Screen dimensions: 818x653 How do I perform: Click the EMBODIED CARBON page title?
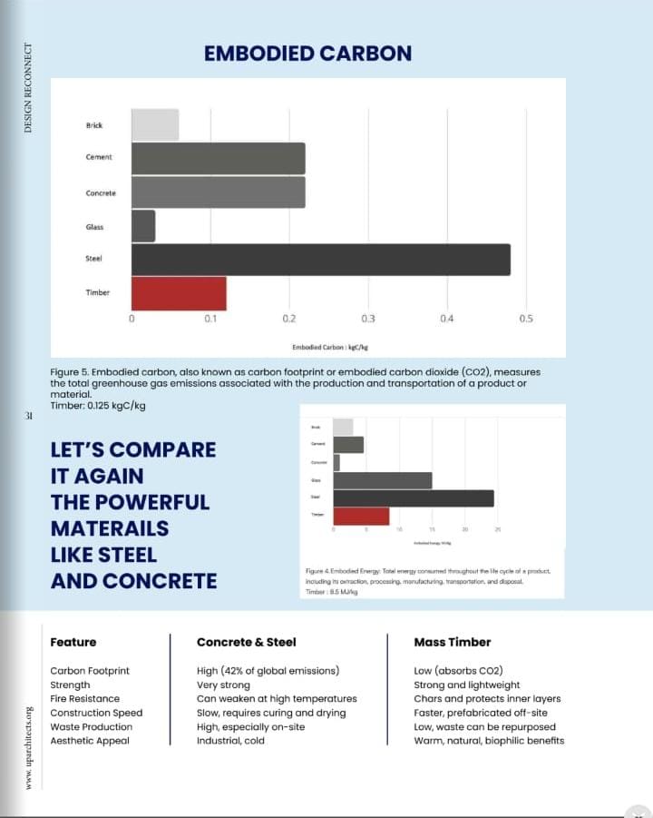pos(307,53)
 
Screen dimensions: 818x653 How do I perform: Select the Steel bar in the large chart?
pos(320,260)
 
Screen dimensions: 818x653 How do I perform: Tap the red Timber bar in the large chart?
pos(179,293)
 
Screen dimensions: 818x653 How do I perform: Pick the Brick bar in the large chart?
pos(155,124)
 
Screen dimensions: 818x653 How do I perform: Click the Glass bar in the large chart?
pos(143,226)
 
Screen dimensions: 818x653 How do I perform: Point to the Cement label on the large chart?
pos(99,157)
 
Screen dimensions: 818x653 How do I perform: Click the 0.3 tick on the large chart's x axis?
pos(368,320)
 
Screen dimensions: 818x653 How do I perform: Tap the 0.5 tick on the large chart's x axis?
pos(526,320)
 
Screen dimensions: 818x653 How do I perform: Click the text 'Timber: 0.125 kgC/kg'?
pos(98,406)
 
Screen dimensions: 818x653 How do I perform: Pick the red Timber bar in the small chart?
pos(361,516)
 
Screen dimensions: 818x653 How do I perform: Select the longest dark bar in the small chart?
pos(414,498)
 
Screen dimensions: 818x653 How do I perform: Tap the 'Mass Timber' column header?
pos(452,642)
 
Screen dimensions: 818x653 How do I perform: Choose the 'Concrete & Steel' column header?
pos(246,642)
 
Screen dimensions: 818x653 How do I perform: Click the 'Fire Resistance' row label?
pos(85,699)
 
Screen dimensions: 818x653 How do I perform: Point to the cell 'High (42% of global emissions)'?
pos(268,671)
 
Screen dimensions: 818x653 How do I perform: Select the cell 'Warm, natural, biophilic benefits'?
pos(488,741)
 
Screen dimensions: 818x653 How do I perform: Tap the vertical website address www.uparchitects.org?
pos(28,746)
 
